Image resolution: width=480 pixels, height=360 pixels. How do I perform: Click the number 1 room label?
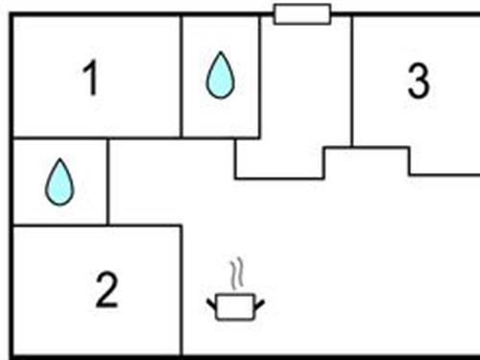point(90,80)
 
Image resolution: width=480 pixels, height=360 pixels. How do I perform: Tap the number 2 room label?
point(107,289)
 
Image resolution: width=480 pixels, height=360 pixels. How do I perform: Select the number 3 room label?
point(418,83)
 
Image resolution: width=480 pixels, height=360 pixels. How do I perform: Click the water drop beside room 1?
point(220,77)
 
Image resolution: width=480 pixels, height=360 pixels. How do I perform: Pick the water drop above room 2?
point(60,181)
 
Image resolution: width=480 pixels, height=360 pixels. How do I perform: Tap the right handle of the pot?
point(257,306)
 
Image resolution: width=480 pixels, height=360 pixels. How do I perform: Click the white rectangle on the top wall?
point(302,13)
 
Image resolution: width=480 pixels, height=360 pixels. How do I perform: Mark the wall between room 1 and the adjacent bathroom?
point(181,77)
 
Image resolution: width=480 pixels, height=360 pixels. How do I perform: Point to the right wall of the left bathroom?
point(108,181)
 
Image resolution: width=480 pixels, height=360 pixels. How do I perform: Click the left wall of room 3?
point(352,82)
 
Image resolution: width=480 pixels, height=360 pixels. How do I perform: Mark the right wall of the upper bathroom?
point(259,77)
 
